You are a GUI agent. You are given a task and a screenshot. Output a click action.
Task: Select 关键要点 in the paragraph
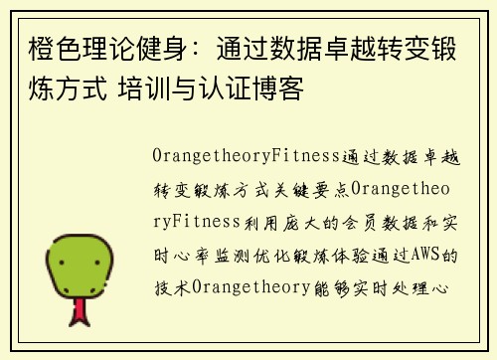click(306, 189)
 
